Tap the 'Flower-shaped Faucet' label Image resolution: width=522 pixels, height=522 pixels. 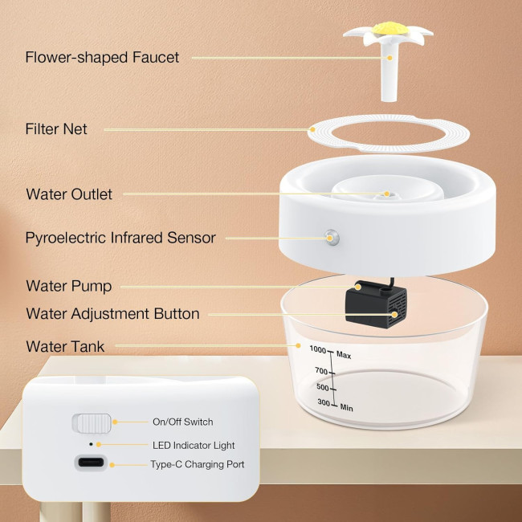102,57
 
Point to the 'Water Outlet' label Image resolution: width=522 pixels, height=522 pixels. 69,194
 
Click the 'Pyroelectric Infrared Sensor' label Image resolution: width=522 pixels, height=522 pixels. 120,238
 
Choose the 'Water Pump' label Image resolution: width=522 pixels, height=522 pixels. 68,286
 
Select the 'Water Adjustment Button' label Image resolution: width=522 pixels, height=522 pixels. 112,314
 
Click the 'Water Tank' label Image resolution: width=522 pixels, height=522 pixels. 65,347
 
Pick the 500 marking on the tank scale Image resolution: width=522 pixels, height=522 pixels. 324,388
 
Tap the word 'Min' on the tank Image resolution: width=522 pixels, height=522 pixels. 347,408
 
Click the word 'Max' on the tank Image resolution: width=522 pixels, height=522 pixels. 345,354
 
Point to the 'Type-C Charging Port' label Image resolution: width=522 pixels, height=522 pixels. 198,464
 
